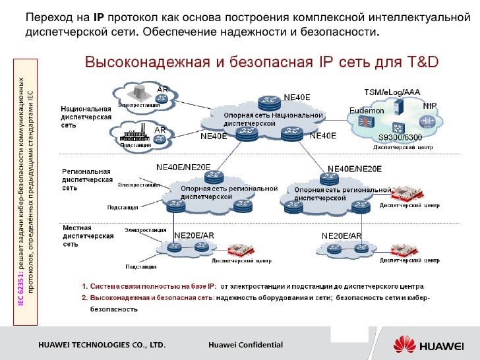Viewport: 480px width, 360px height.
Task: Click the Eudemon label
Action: [x=367, y=111]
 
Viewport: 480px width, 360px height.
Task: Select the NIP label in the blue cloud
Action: [x=429, y=105]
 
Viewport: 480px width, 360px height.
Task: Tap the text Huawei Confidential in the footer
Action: [x=245, y=345]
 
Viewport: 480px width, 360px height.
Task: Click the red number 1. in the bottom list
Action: [x=84, y=287]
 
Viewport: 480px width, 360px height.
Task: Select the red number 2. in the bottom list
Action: [x=84, y=298]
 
